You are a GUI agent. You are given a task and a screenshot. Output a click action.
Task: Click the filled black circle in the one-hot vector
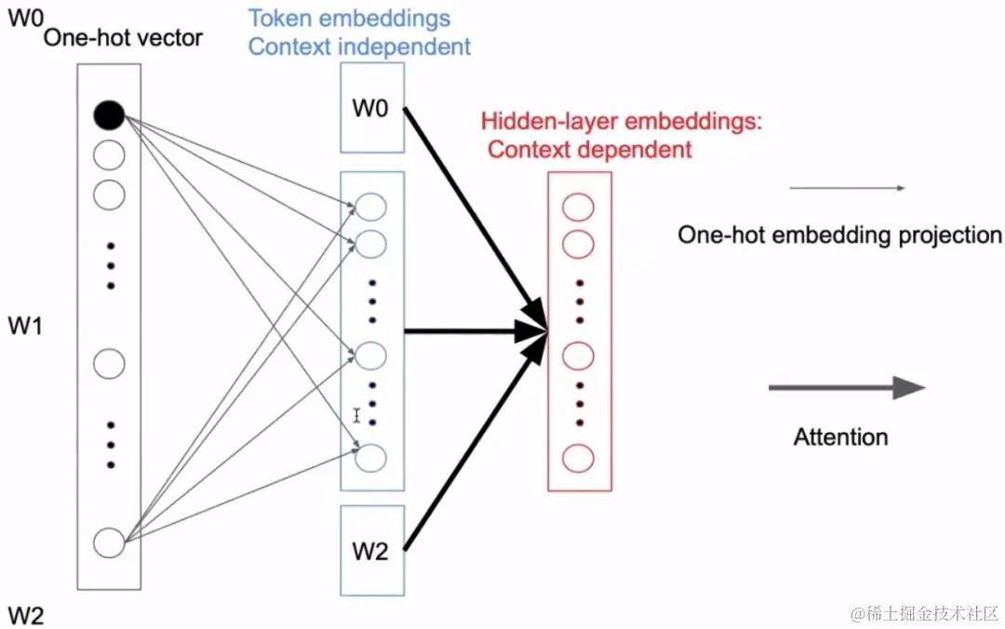(109, 115)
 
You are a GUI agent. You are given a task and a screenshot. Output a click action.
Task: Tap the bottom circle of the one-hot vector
(109, 542)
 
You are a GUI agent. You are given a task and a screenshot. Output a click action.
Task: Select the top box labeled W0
(371, 108)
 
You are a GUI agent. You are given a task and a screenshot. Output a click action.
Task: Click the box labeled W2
(371, 551)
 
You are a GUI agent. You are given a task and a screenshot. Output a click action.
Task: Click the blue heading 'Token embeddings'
(349, 18)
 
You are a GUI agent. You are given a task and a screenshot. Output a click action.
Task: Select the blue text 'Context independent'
(360, 46)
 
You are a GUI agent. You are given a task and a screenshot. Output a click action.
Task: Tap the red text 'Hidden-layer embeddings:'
(622, 121)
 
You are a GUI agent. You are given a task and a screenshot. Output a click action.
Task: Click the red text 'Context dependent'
(590, 149)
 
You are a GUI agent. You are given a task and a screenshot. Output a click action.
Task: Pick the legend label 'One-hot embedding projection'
(839, 234)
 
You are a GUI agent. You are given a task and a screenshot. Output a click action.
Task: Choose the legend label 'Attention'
(840, 436)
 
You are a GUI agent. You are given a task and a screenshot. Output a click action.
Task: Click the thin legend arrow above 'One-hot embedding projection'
(847, 189)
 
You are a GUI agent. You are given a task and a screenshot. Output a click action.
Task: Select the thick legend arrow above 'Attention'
(846, 388)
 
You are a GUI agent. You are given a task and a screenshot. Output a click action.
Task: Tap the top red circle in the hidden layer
(579, 207)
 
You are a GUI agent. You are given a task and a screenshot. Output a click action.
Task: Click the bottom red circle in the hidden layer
(579, 458)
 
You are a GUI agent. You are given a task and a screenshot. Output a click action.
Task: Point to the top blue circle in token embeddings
(371, 207)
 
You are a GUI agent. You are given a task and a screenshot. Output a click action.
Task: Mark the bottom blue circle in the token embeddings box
(371, 457)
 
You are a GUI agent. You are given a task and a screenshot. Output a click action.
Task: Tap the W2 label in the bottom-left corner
(25, 614)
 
